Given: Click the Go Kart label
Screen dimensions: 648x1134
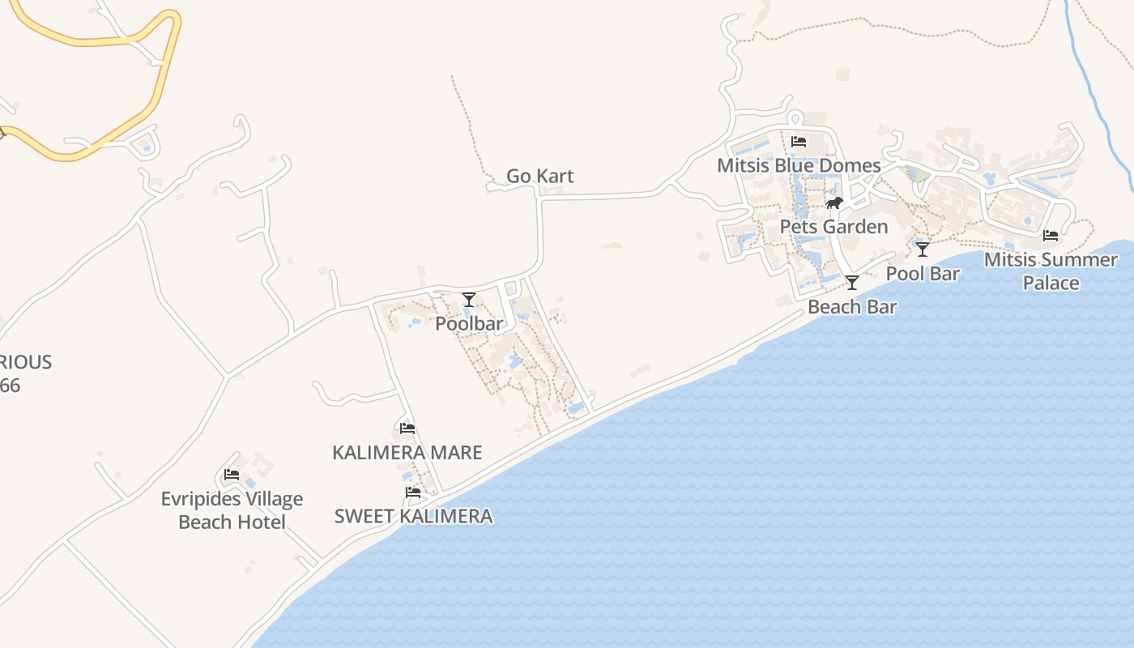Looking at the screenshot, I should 539,176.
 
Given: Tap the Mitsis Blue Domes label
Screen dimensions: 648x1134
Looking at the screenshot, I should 799,166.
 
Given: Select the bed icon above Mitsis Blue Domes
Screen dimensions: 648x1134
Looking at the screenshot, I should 799,142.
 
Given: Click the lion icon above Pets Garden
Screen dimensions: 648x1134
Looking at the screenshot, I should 834,202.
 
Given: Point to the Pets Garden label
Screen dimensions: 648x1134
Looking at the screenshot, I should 833,227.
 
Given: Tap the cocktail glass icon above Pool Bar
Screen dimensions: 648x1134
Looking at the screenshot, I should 922,249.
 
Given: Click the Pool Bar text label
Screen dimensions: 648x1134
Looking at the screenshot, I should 923,274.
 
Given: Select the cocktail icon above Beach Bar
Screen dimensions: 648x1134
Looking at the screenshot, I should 852,282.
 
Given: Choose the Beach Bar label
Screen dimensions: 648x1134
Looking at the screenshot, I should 852,307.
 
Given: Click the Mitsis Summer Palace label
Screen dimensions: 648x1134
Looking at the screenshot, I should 1051,271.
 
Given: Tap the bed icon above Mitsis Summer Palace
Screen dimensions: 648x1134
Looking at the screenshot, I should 1051,236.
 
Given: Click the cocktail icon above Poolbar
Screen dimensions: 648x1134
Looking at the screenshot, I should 469,299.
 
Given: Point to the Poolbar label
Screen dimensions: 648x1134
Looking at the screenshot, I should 469,324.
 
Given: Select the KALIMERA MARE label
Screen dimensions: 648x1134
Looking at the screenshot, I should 407,453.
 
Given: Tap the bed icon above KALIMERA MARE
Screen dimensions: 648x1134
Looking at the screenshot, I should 407,428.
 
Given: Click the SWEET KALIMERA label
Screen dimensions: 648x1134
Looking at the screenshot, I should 413,516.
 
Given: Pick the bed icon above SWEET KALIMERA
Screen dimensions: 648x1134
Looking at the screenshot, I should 413,492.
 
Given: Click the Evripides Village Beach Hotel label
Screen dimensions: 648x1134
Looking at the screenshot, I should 232,510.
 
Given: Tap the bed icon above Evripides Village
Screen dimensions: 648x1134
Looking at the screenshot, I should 232,475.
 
